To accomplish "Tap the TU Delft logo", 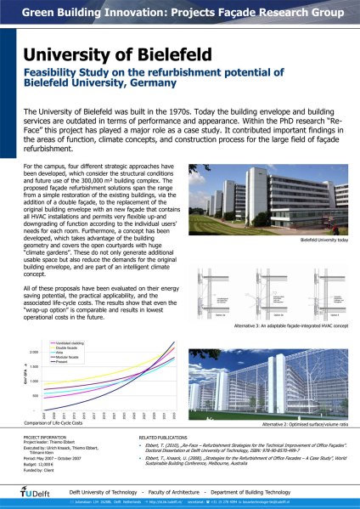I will pyautogui.click(x=35, y=491).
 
